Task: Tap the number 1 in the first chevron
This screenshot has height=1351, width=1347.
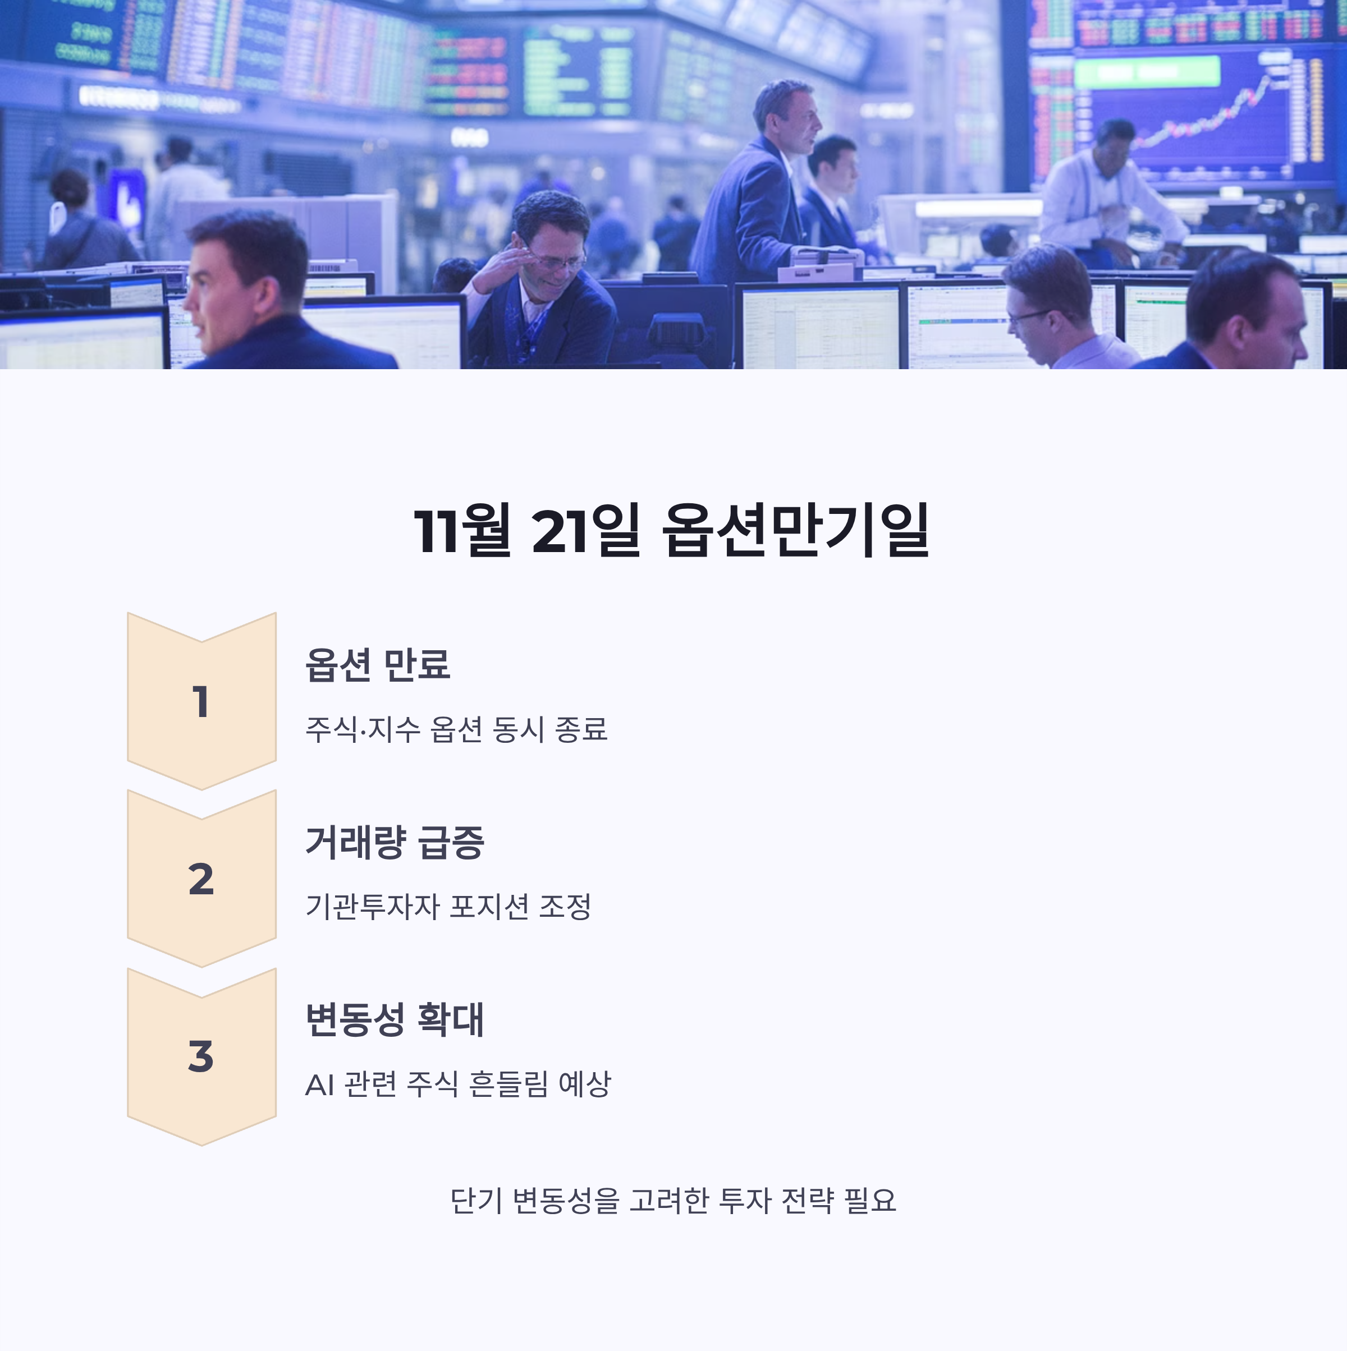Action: pyautogui.click(x=201, y=701)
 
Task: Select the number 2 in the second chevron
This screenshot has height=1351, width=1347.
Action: pyautogui.click(x=201, y=879)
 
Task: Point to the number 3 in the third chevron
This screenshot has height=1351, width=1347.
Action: pyautogui.click(x=201, y=1056)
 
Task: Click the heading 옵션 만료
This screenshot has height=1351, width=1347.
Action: pyautogui.click(x=378, y=664)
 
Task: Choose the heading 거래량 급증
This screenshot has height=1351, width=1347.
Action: pyautogui.click(x=395, y=842)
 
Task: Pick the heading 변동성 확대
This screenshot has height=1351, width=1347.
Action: pyautogui.click(x=395, y=1019)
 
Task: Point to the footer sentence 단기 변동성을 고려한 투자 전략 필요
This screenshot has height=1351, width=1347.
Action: pyautogui.click(x=673, y=1201)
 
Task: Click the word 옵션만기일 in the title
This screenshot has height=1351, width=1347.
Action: pyautogui.click(x=796, y=531)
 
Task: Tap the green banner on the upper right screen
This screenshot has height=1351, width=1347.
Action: pyautogui.click(x=1147, y=72)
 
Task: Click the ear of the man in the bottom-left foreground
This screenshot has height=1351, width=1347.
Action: pyautogui.click(x=266, y=293)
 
